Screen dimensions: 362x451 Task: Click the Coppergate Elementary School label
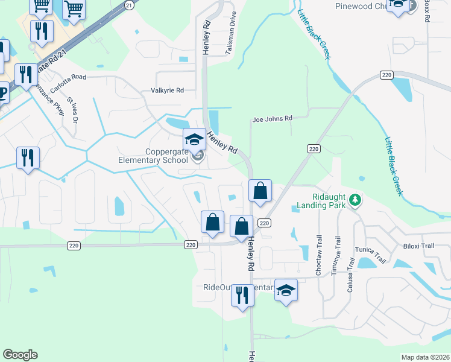158,156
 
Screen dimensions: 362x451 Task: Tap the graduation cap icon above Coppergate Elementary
195,140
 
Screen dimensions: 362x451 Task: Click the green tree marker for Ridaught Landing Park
356,199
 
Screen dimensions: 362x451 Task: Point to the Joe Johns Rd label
273,119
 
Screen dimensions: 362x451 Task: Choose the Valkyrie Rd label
166,91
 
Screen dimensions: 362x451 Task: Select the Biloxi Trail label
418,246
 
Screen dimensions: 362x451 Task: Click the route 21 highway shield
128,4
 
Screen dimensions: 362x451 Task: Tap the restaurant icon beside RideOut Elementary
242,296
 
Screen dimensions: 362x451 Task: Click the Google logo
20,355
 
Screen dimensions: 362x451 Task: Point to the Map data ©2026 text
425,357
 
